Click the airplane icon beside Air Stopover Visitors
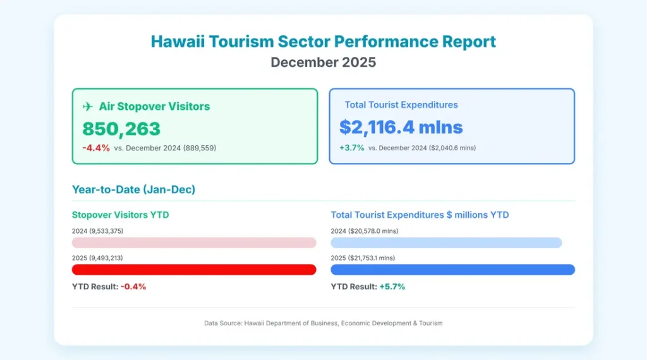pyautogui.click(x=88, y=106)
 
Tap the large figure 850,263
pyautogui.click(x=121, y=129)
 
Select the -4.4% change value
pyautogui.click(x=96, y=148)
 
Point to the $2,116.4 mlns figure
pyautogui.click(x=401, y=127)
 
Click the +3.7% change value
pyautogui.click(x=351, y=147)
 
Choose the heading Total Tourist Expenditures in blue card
pyautogui.click(x=401, y=105)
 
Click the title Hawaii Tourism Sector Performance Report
pyautogui.click(x=323, y=42)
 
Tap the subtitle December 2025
pyautogui.click(x=323, y=63)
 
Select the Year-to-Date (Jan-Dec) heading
pyautogui.click(x=133, y=188)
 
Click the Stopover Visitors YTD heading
pyautogui.click(x=120, y=215)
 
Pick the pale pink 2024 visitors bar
pyautogui.click(x=194, y=243)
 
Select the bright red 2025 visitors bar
pyautogui.click(x=194, y=270)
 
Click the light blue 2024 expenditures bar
pyautogui.click(x=446, y=243)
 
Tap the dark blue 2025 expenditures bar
pyautogui.click(x=452, y=270)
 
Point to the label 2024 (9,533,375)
pyautogui.click(x=97, y=231)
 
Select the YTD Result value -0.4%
pyautogui.click(x=133, y=287)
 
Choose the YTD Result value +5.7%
pyautogui.click(x=392, y=287)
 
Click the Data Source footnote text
pyautogui.click(x=323, y=323)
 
